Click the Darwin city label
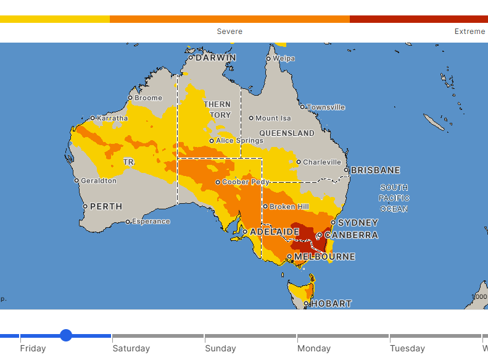tap(215, 57)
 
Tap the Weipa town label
tap(283, 59)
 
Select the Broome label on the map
tap(148, 98)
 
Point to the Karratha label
tap(112, 118)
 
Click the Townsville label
tap(326, 107)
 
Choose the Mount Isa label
tap(273, 118)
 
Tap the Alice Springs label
tap(239, 141)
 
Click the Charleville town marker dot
tap(299, 162)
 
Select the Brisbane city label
tap(375, 170)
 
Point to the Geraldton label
tap(99, 181)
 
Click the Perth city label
tap(106, 206)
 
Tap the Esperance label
tap(151, 221)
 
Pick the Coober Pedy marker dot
tap(218, 182)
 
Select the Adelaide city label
tap(275, 232)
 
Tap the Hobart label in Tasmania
tap(331, 304)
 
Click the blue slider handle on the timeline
tap(66, 335)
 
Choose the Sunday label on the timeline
tap(220, 348)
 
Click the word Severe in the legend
tap(230, 31)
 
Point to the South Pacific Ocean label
tap(394, 198)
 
